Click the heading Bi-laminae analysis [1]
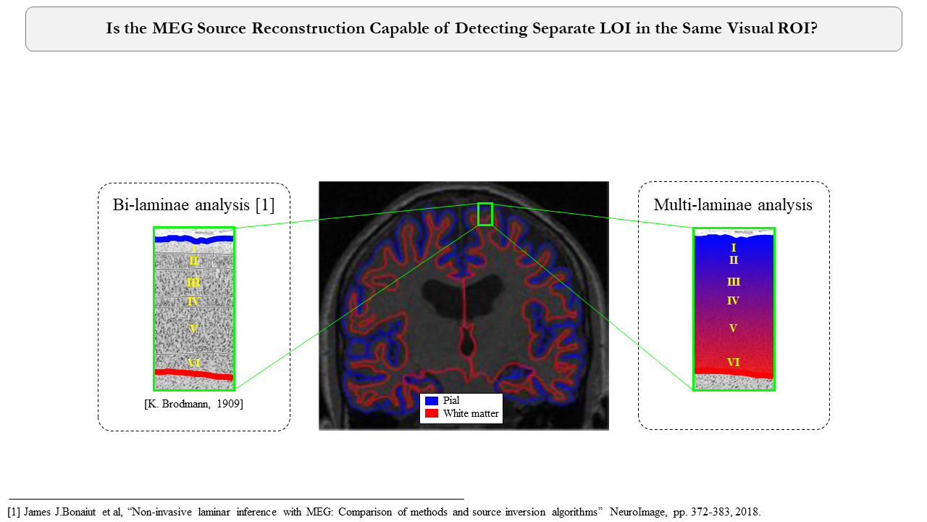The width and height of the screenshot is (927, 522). [x=194, y=205]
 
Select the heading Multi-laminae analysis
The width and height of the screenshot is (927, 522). [x=733, y=205]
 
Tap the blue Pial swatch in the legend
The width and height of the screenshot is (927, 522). [x=432, y=400]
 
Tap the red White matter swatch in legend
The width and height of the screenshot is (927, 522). [x=432, y=413]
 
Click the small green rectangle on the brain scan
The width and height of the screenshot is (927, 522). [x=485, y=214]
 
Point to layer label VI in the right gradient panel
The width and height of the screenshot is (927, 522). [x=733, y=362]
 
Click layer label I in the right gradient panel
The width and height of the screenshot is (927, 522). [x=734, y=248]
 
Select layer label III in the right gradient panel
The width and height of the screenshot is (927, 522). [x=733, y=282]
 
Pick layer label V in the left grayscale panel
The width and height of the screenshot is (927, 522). [x=193, y=328]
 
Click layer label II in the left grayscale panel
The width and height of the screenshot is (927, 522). [x=193, y=260]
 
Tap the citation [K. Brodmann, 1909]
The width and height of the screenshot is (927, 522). [x=194, y=404]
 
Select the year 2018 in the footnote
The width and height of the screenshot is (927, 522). [x=747, y=511]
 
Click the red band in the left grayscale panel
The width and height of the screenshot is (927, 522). [x=194, y=374]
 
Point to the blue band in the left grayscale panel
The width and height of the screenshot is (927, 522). [x=194, y=239]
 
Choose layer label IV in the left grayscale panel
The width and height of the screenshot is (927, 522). [x=193, y=301]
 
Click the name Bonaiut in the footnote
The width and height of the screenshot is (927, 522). [x=73, y=511]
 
